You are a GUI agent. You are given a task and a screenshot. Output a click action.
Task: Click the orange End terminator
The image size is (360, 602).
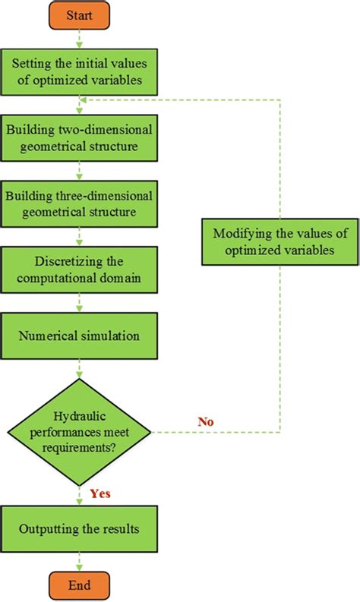(80, 586)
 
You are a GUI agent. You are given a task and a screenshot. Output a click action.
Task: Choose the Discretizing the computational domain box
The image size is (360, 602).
(80, 269)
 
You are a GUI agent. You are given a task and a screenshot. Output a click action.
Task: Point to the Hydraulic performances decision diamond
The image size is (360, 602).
(80, 433)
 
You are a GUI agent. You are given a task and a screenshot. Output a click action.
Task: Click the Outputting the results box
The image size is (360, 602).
(80, 528)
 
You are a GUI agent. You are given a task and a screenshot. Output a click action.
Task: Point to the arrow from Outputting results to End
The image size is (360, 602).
(80, 560)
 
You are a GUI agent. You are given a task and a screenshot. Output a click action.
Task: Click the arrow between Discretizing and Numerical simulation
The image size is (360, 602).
(80, 303)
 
